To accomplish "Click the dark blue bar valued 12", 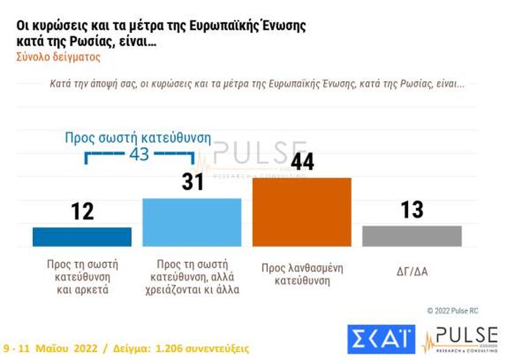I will click(81, 237).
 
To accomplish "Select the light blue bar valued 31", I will click(191, 222).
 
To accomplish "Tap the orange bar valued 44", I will click(301, 212).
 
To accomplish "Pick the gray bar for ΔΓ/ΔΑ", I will click(412, 236).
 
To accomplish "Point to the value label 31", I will click(193, 181).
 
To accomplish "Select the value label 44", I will click(302, 161).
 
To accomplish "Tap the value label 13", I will click(412, 210).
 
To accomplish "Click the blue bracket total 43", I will click(139, 154).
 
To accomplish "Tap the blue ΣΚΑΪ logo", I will click(381, 339).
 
